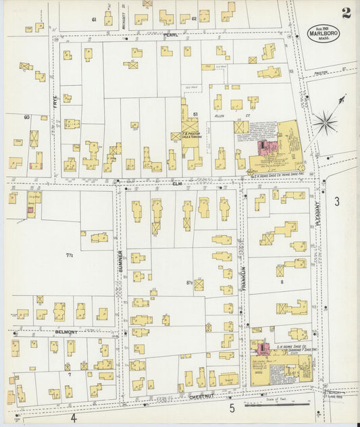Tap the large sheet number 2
[346, 13]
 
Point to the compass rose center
[326, 123]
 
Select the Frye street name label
[55, 103]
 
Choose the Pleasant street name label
[315, 216]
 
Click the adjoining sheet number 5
[231, 408]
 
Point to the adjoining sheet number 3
[336, 201]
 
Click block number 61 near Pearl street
[95, 20]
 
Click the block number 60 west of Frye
[27, 118]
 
